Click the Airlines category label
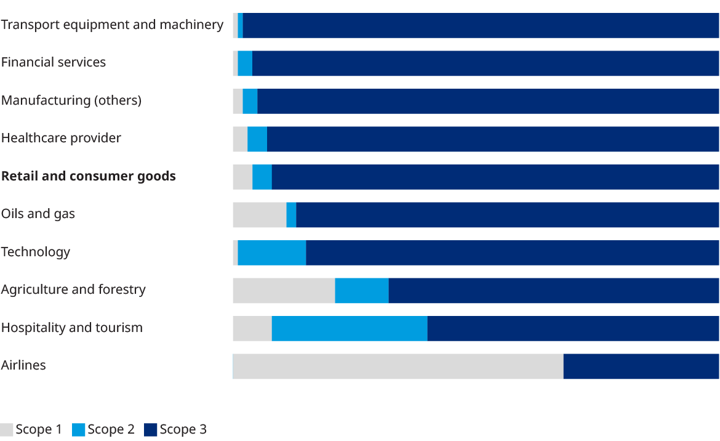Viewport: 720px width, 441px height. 23,365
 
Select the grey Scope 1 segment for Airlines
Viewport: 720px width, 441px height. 398,366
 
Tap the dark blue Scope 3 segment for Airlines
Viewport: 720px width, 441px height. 641,366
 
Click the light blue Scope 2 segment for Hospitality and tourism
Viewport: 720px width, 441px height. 350,328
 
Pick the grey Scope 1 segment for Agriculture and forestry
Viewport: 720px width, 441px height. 284,290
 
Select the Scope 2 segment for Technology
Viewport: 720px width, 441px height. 272,253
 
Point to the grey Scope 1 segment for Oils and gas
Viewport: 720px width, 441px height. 259,214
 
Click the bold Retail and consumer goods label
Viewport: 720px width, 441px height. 89,176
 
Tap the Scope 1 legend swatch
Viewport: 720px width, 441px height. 7,430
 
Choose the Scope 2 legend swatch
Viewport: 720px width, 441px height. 79,430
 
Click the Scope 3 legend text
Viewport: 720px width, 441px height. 183,430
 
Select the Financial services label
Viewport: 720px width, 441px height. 54,62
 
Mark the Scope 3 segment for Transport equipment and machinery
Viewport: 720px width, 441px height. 481,25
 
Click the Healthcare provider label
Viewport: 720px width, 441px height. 61,138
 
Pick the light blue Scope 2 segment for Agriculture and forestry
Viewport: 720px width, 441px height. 362,290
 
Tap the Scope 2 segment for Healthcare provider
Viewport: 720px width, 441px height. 257,139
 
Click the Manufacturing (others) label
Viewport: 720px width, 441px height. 71,100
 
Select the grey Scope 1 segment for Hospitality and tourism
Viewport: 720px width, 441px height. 252,328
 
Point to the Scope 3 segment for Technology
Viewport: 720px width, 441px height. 513,253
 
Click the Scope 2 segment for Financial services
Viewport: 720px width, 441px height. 245,63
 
